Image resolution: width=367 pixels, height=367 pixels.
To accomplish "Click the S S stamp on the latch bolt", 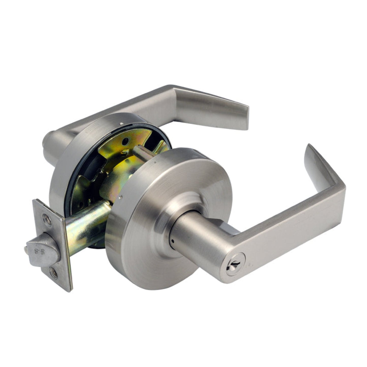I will coord(41,252).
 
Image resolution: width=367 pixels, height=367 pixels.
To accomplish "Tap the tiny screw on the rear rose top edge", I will coord(122,123).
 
